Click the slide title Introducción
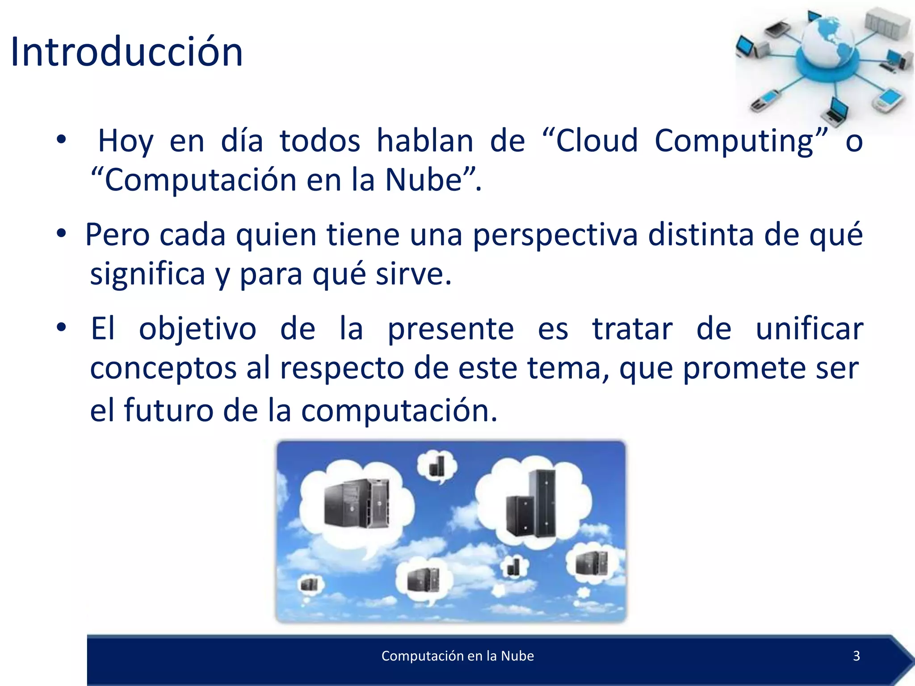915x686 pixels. [126, 52]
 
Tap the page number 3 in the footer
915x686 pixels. [856, 656]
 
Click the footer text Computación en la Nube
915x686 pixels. [457, 656]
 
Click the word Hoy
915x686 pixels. [126, 142]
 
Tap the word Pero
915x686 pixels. [117, 234]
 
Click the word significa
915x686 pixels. [147, 274]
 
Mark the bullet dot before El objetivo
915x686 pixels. [61, 327]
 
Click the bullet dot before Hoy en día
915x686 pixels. [61, 139]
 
